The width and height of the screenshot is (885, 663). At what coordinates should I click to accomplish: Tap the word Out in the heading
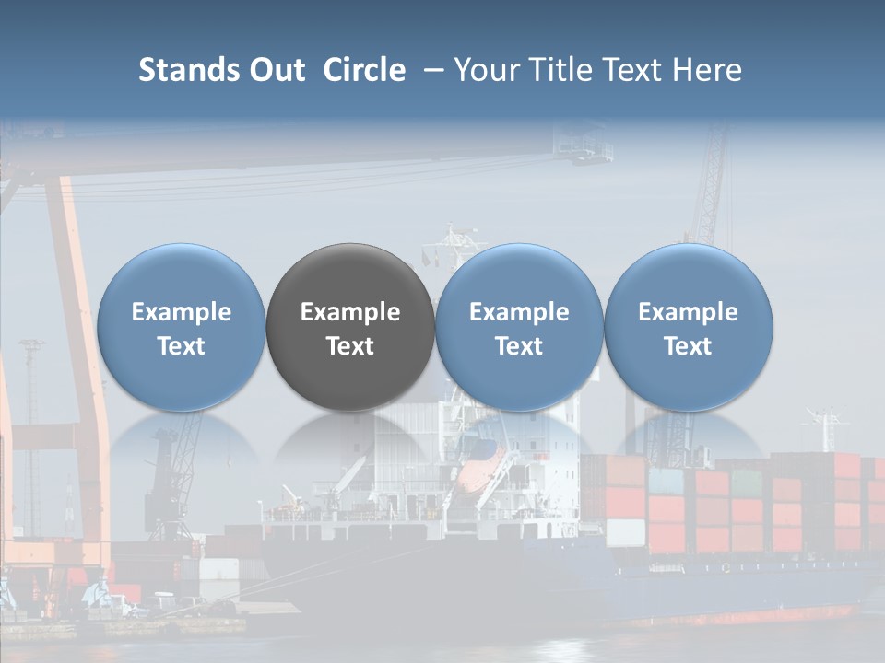coord(274,70)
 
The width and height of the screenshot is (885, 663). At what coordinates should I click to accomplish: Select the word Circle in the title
coord(364,70)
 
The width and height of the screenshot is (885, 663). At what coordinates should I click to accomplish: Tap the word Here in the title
coord(708,70)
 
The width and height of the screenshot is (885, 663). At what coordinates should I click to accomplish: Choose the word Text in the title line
coord(628,70)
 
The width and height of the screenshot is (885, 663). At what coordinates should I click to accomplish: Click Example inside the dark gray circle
coord(350,312)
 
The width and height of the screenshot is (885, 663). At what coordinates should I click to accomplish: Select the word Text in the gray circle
coord(350,346)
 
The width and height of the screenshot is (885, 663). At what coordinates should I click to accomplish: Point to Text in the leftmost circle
coord(181,346)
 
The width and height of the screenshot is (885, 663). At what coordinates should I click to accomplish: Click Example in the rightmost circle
coord(689,312)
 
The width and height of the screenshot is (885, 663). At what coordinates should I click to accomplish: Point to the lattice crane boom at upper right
coord(711,184)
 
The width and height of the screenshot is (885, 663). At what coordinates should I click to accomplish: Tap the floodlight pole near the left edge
coord(33,414)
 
